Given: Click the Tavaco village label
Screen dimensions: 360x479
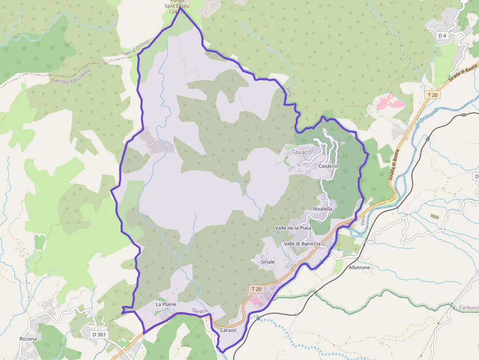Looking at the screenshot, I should click(x=301, y=152).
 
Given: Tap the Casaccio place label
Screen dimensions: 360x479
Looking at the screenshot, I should click(x=328, y=166).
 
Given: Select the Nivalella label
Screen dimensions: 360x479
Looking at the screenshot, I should click(x=323, y=209).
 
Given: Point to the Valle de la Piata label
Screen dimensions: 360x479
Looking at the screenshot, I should click(x=293, y=228).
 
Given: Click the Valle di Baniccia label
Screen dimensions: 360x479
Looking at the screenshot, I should click(x=302, y=243).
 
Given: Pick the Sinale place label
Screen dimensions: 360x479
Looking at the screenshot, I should click(x=268, y=262).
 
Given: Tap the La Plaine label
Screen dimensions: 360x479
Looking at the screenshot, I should click(x=166, y=304).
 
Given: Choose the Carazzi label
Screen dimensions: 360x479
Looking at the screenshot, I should click(x=228, y=330).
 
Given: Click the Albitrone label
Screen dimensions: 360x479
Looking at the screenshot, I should click(x=359, y=268).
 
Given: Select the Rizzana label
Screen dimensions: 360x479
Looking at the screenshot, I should click(x=28, y=339).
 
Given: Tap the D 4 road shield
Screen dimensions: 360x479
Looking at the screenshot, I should click(x=443, y=36).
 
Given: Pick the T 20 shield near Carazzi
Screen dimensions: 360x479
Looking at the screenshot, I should click(x=256, y=289).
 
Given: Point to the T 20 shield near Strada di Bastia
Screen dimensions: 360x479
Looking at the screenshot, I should click(x=432, y=94).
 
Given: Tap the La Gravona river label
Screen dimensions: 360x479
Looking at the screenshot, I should click(x=426, y=119).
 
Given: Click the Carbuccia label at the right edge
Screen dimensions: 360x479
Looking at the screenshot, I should click(x=468, y=308).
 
